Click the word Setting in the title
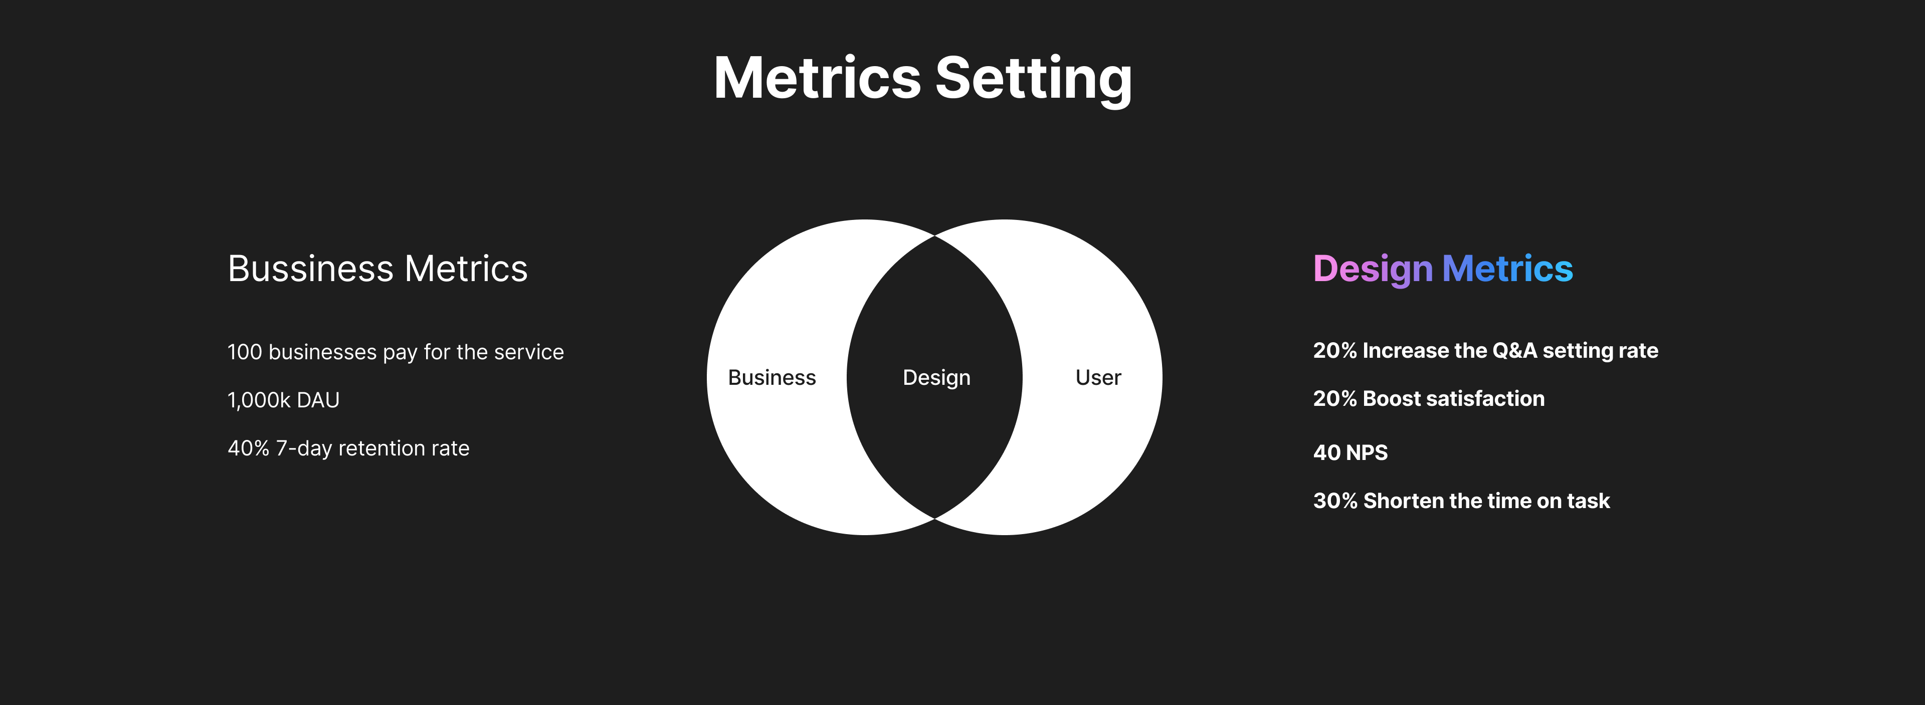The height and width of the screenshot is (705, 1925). pos(1034,79)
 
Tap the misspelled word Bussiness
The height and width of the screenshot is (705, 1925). pos(310,269)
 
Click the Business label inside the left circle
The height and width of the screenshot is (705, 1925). pos(772,378)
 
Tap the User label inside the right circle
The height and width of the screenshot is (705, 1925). pos(1098,378)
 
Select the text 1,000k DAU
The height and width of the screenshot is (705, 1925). pos(283,400)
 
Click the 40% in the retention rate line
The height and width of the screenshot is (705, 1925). pos(248,448)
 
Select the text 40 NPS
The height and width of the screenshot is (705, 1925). pos(1351,452)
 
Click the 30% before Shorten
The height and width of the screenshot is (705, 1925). pos(1334,501)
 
